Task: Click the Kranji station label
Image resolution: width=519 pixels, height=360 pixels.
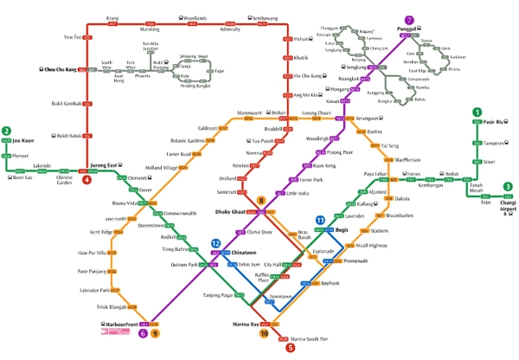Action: (112, 17)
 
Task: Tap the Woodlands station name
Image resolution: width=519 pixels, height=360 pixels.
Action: (195, 17)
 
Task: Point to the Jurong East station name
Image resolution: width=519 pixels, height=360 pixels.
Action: (106, 164)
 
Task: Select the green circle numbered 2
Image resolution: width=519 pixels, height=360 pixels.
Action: (7, 132)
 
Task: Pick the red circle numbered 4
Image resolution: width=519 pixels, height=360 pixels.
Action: (86, 180)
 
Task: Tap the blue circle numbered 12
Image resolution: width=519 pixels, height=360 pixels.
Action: (215, 244)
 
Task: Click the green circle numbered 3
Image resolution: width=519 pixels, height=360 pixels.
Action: (508, 187)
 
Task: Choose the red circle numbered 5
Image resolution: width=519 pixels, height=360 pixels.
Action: (290, 347)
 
